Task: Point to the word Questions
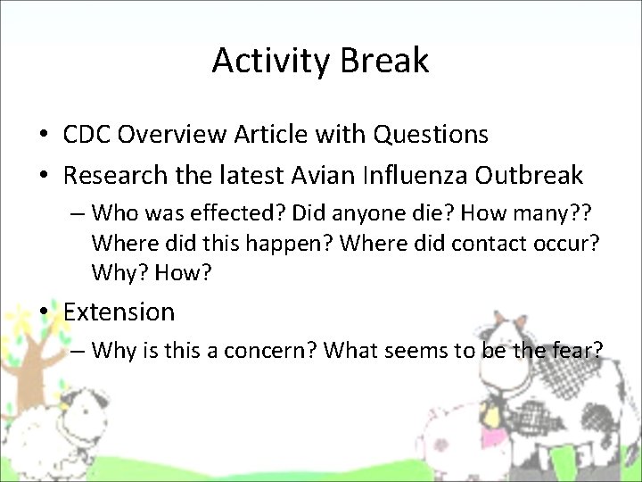pos(431,135)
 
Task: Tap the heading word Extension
pos(119,312)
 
